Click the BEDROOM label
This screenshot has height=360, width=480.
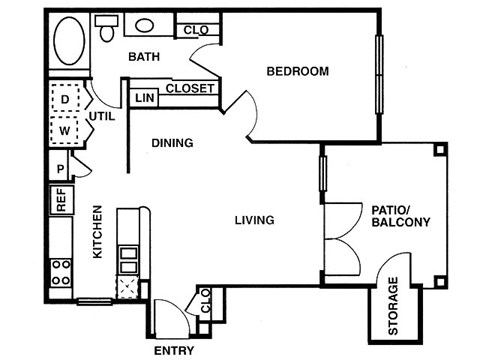click(x=297, y=71)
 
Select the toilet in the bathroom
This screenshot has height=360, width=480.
click(x=105, y=28)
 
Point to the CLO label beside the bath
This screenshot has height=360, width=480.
click(x=196, y=30)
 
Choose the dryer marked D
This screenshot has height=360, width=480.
click(x=65, y=100)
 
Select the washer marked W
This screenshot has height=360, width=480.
click(x=65, y=130)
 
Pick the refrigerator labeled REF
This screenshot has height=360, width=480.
click(x=60, y=200)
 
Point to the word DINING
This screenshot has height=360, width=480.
click(x=172, y=143)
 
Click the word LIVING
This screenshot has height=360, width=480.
click(x=256, y=220)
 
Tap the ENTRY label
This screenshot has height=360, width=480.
click(x=173, y=351)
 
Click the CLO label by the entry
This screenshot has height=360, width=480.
click(x=206, y=300)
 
